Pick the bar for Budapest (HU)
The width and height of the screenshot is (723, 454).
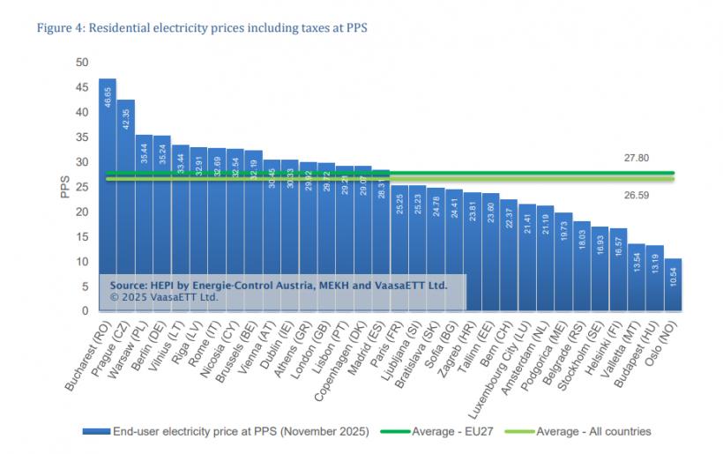tap(654, 279)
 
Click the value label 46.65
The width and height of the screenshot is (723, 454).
tap(108, 96)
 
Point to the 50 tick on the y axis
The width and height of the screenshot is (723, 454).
tap(82, 63)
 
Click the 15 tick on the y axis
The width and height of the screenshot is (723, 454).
tap(82, 236)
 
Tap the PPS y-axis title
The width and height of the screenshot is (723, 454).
tap(64, 187)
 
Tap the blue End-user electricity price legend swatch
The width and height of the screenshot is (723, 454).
tap(95, 431)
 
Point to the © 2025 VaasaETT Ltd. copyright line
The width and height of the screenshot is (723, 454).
tap(163, 297)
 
